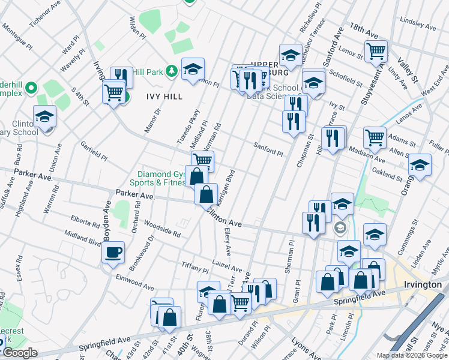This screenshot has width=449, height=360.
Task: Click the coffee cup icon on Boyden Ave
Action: pyautogui.click(x=113, y=252)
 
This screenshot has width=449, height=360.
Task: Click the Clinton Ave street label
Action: pyautogui.click(x=224, y=217)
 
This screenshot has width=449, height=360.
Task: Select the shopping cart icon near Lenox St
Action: pyautogui.click(x=376, y=51)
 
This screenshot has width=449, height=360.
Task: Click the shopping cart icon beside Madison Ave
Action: pyautogui.click(x=375, y=137)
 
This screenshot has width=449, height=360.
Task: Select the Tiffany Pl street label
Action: pyautogui.click(x=194, y=265)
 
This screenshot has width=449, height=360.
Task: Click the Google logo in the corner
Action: pyautogui.click(x=20, y=353)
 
